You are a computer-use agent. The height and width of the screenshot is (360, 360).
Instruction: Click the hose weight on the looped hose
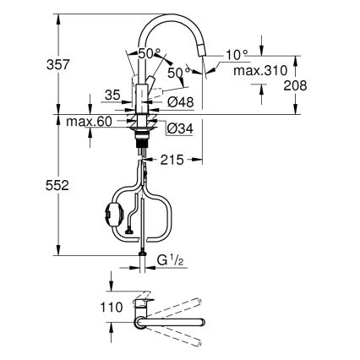click(x=111, y=214)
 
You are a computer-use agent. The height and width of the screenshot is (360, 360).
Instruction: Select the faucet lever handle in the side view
click(x=152, y=85)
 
